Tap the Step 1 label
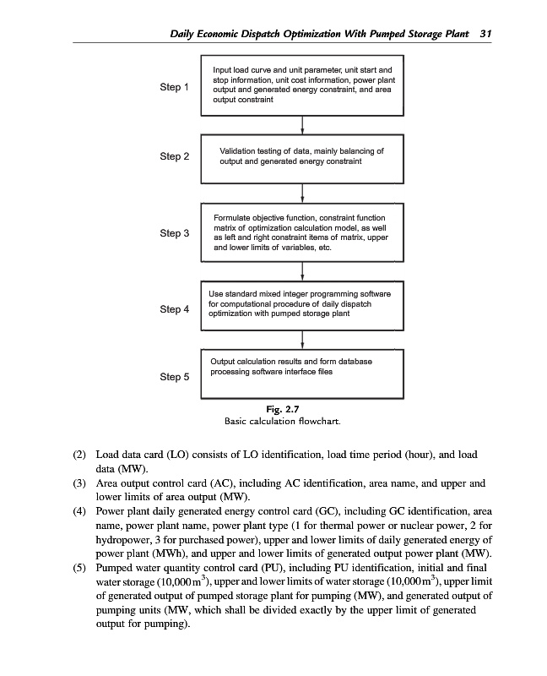pos(175,87)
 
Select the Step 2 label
pos(175,156)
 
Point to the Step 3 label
pos(175,233)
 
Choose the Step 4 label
pos(175,309)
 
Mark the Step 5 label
pos(175,377)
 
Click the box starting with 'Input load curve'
pos(302,84)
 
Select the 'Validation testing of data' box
pos(302,156)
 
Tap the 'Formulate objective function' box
pos(302,233)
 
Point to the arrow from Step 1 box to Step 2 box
pos(302,124)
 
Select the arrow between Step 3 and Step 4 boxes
pos(302,270)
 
